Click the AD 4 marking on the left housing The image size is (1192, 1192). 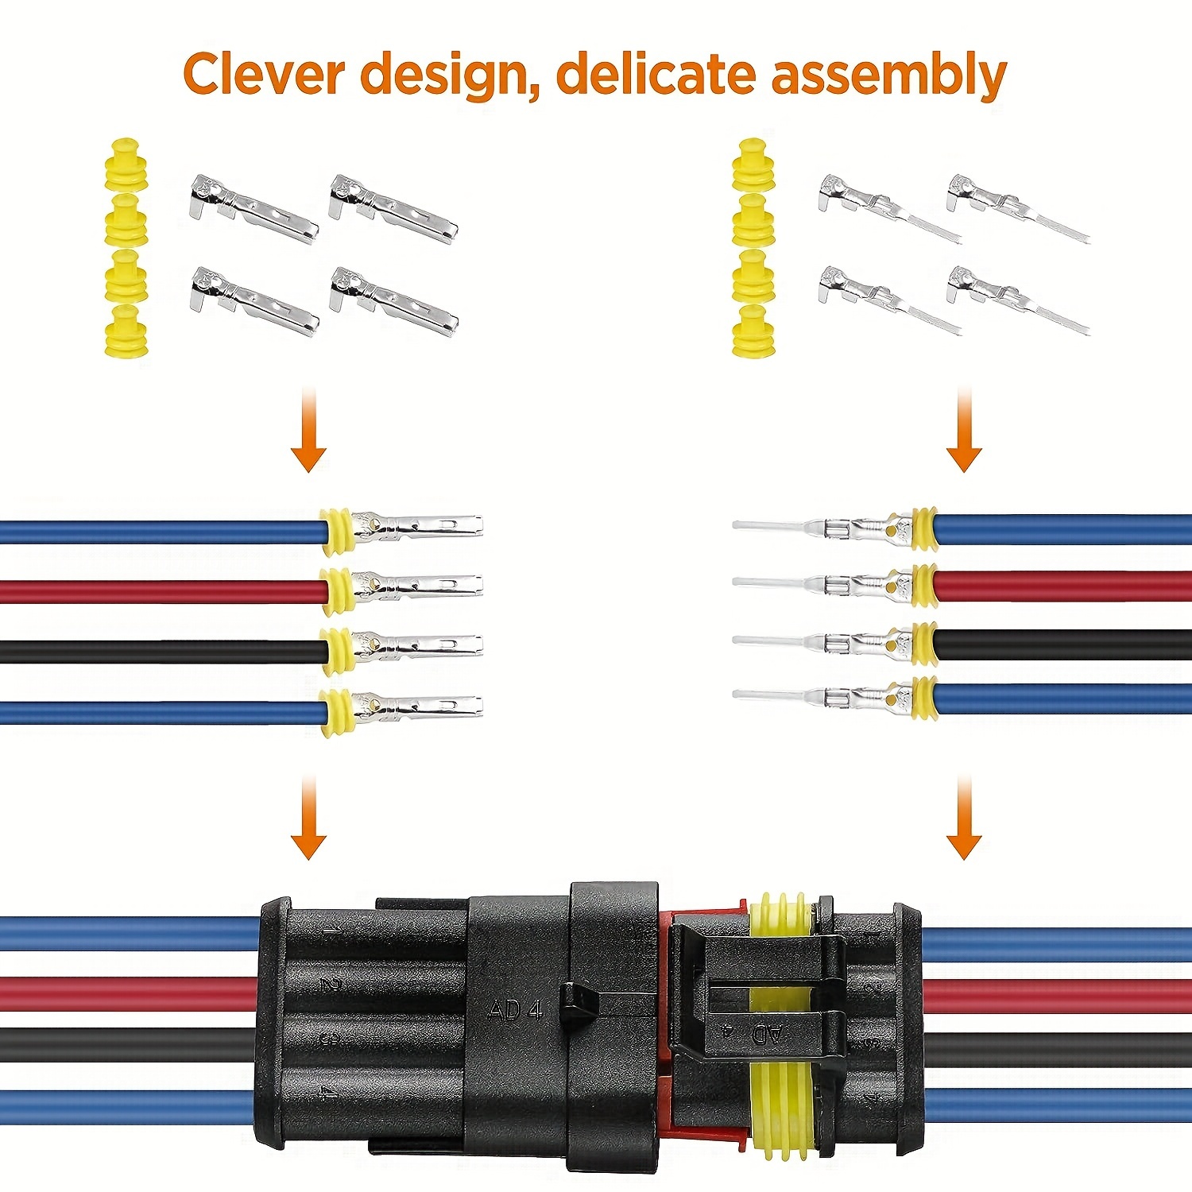(x=515, y=1010)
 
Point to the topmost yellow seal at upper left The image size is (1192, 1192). (x=126, y=164)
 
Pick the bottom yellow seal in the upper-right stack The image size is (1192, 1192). (x=753, y=331)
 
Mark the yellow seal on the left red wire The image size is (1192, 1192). (x=338, y=591)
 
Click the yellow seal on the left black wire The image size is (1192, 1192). (x=338, y=651)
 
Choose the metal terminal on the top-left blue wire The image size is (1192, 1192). (x=417, y=526)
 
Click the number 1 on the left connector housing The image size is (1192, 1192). (x=335, y=929)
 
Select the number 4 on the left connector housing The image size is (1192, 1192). (x=327, y=1092)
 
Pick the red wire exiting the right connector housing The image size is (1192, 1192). (x=1057, y=995)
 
